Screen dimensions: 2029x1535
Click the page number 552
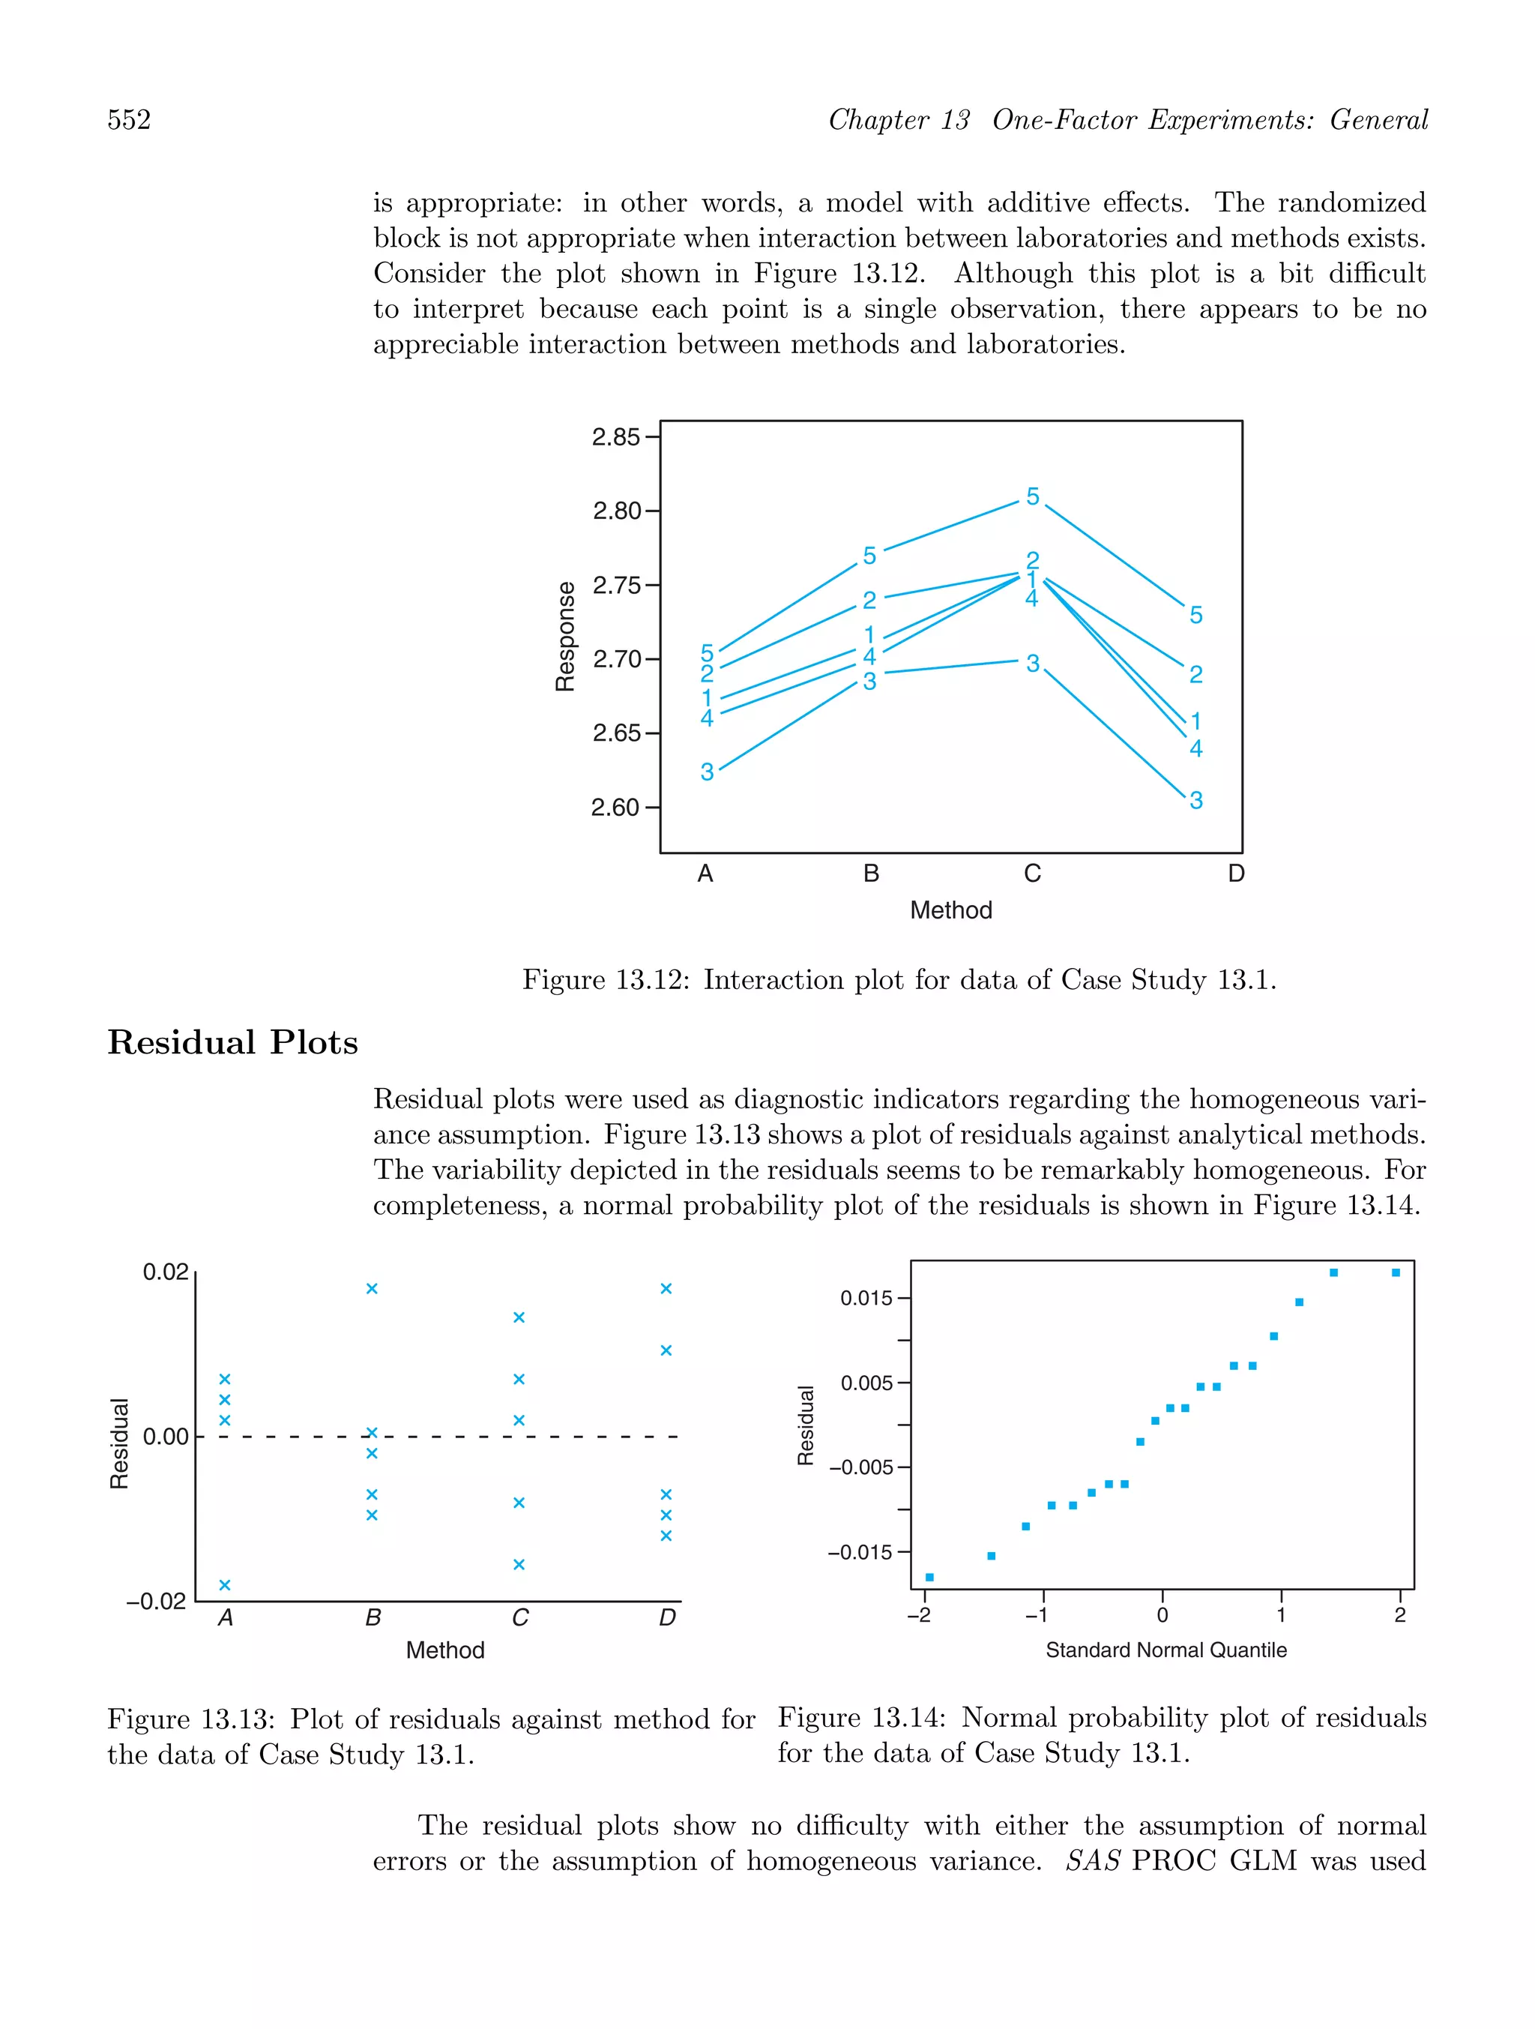pos(130,120)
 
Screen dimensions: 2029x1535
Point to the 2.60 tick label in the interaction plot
pos(615,808)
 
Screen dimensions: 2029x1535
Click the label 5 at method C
pos(1033,496)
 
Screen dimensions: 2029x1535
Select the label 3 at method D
pos(1195,801)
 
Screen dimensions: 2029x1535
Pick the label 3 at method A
pos(707,772)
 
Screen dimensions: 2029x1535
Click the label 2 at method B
pos(869,600)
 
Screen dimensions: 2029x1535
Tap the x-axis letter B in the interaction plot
pos(871,874)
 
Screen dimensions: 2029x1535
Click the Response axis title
pos(566,636)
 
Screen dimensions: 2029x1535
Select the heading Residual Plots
pos(232,1043)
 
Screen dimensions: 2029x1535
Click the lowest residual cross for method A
pos(225,1585)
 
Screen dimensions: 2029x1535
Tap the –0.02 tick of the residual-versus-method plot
pos(157,1602)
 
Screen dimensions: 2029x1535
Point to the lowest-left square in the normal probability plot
pos(930,1578)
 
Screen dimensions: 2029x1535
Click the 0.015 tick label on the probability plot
pos(866,1298)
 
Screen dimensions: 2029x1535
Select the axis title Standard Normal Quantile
pos(1165,1650)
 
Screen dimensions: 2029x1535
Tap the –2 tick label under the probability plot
pos(919,1615)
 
